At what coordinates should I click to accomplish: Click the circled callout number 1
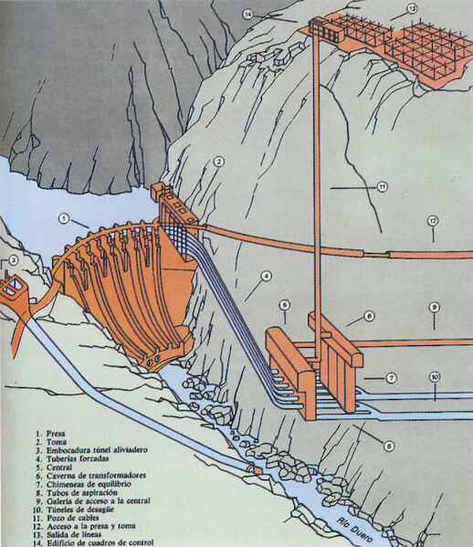(x=64, y=218)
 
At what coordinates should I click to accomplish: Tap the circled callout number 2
(x=219, y=161)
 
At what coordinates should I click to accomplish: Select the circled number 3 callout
(x=13, y=260)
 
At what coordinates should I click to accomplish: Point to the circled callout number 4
(x=266, y=275)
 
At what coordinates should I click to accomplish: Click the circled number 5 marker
(x=284, y=304)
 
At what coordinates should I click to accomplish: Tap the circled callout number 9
(x=435, y=307)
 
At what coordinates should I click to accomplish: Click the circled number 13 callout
(x=412, y=9)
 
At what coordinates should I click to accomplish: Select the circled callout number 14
(x=247, y=13)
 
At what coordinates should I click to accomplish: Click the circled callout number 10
(x=435, y=376)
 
